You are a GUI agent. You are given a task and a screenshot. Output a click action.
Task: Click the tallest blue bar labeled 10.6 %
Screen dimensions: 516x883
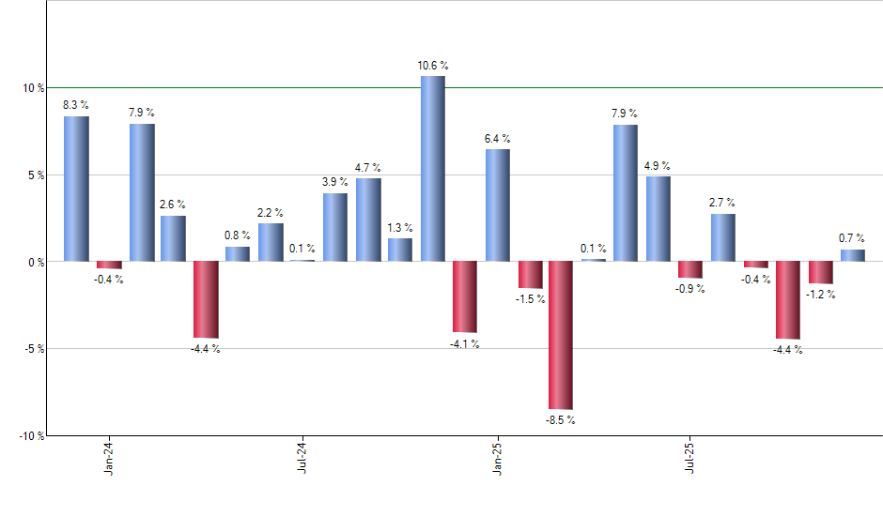point(432,169)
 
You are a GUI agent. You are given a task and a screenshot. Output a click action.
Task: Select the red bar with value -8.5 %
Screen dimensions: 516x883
point(561,335)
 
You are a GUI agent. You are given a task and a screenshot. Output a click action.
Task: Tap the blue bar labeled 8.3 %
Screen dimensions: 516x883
point(76,189)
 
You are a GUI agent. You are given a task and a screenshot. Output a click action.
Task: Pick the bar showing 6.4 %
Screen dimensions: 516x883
point(498,205)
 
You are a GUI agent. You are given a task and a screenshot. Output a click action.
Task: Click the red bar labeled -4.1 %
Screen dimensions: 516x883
point(465,296)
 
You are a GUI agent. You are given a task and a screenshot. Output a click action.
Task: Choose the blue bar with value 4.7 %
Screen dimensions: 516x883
point(368,220)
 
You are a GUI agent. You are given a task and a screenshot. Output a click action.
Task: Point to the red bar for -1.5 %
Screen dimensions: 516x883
point(530,274)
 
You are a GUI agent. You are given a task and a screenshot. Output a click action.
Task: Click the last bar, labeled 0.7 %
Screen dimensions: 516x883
point(853,255)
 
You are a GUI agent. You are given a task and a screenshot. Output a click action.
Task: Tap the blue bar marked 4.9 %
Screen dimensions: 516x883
point(658,219)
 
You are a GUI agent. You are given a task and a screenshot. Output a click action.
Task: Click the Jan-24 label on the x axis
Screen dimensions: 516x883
point(110,457)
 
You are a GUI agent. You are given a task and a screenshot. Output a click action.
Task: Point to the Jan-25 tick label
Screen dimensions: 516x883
point(497,457)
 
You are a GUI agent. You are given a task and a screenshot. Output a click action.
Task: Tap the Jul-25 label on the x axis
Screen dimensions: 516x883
point(690,457)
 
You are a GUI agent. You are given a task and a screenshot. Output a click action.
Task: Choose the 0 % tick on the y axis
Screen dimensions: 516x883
point(36,262)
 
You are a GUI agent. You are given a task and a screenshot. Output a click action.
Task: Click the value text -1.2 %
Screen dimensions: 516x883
point(821,294)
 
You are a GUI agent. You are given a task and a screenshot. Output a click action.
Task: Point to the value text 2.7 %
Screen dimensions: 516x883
point(722,203)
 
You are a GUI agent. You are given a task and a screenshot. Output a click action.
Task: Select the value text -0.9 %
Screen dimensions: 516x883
point(690,288)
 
